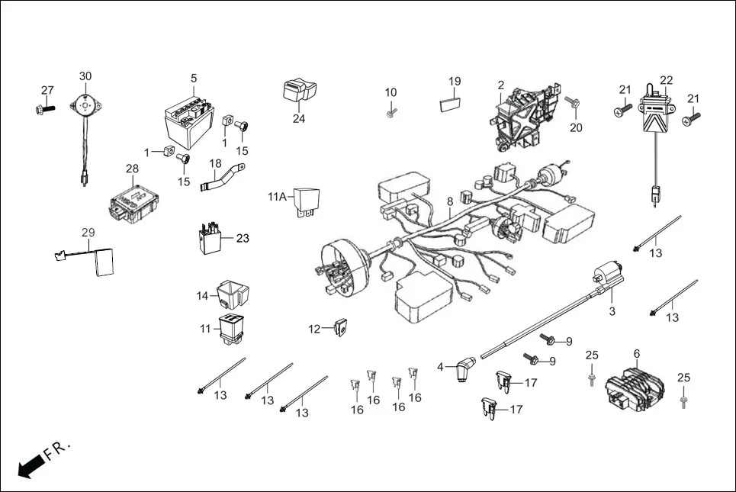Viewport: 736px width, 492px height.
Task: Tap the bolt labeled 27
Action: click(x=44, y=109)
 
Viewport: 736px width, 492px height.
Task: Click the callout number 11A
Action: click(x=277, y=196)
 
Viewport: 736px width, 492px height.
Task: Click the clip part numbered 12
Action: click(x=341, y=328)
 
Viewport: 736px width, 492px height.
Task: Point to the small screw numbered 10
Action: click(x=390, y=112)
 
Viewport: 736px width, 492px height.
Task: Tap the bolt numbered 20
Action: click(x=573, y=101)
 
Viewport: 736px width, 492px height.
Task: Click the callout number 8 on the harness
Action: click(x=450, y=201)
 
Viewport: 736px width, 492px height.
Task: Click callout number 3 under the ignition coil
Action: click(x=612, y=311)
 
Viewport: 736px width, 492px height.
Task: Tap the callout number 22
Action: click(x=667, y=80)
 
